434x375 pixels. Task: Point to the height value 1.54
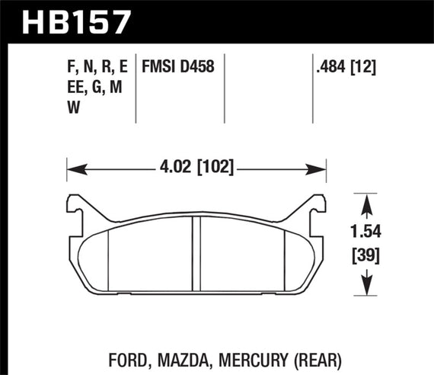click(369, 229)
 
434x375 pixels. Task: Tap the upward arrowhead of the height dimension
click(369, 200)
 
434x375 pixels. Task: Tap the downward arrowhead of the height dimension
click(369, 289)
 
